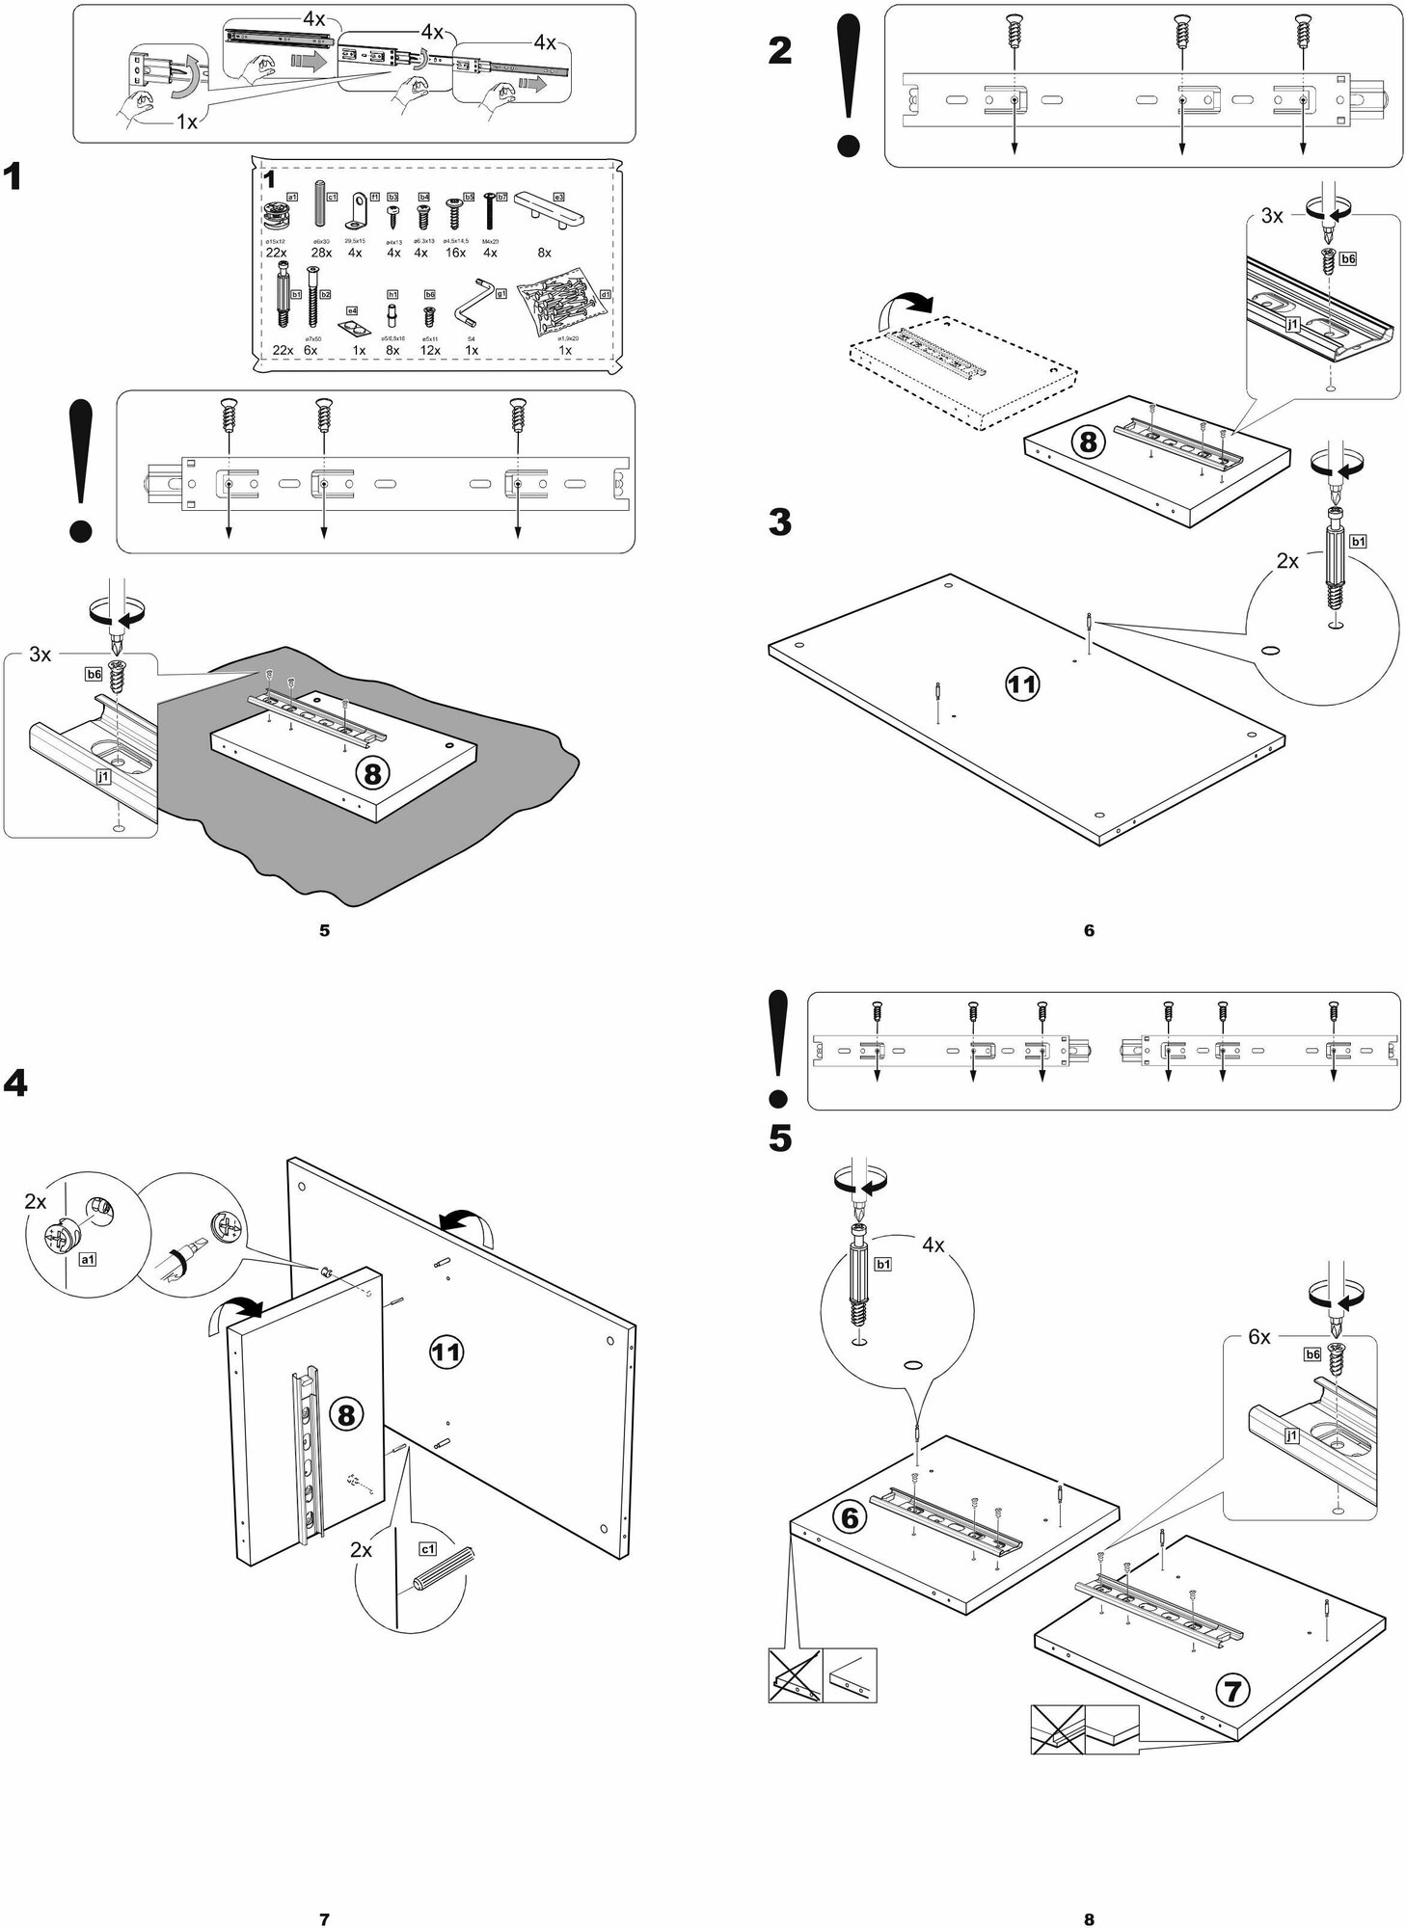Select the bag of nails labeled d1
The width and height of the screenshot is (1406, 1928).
click(x=562, y=308)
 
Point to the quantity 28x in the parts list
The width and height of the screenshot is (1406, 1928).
click(x=321, y=253)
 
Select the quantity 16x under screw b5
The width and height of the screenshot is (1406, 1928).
click(x=455, y=253)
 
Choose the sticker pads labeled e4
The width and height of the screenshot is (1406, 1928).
click(x=358, y=328)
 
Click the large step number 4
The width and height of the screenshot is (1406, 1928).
click(x=15, y=1084)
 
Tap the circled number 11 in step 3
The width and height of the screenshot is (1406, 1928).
click(x=1022, y=684)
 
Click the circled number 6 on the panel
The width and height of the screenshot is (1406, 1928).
click(x=850, y=1518)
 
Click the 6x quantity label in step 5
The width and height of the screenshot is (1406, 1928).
click(x=1258, y=1337)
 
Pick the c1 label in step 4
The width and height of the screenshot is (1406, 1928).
click(x=427, y=1549)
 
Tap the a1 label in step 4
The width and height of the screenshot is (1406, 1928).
click(x=86, y=1260)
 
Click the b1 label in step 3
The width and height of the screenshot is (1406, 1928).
click(x=1358, y=542)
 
